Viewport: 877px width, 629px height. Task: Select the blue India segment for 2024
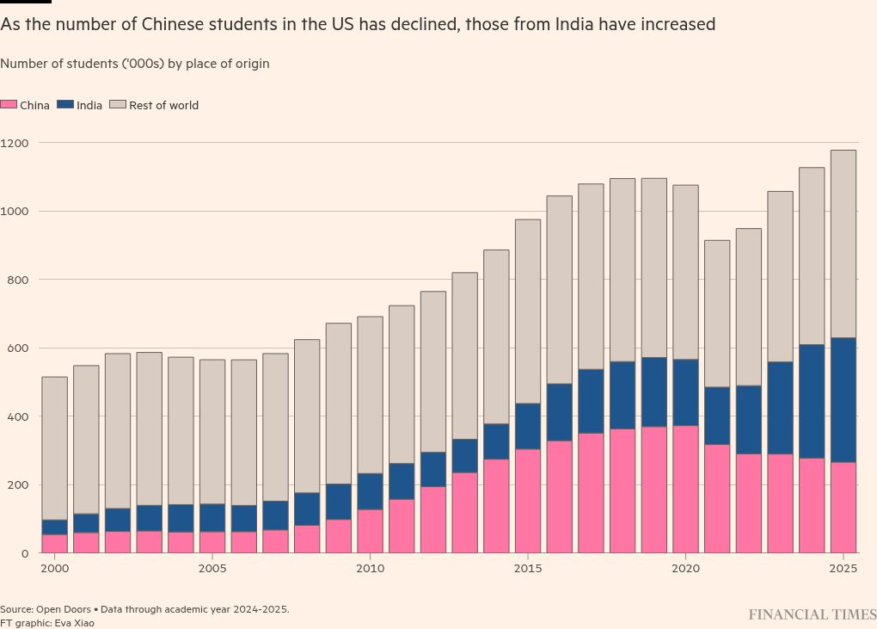(812, 401)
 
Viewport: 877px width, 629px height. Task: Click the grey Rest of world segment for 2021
(717, 313)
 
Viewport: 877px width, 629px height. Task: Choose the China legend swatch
(9, 105)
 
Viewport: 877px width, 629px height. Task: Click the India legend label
(89, 106)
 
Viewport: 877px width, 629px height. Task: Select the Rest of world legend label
(163, 106)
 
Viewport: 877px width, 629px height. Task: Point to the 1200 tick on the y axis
(15, 143)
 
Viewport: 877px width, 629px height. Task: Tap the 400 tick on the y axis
(18, 416)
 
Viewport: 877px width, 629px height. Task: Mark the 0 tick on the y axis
(26, 553)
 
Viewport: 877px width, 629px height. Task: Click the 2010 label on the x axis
(370, 569)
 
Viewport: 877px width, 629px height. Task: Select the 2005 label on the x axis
(212, 569)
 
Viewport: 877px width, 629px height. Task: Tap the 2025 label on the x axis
(843, 569)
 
